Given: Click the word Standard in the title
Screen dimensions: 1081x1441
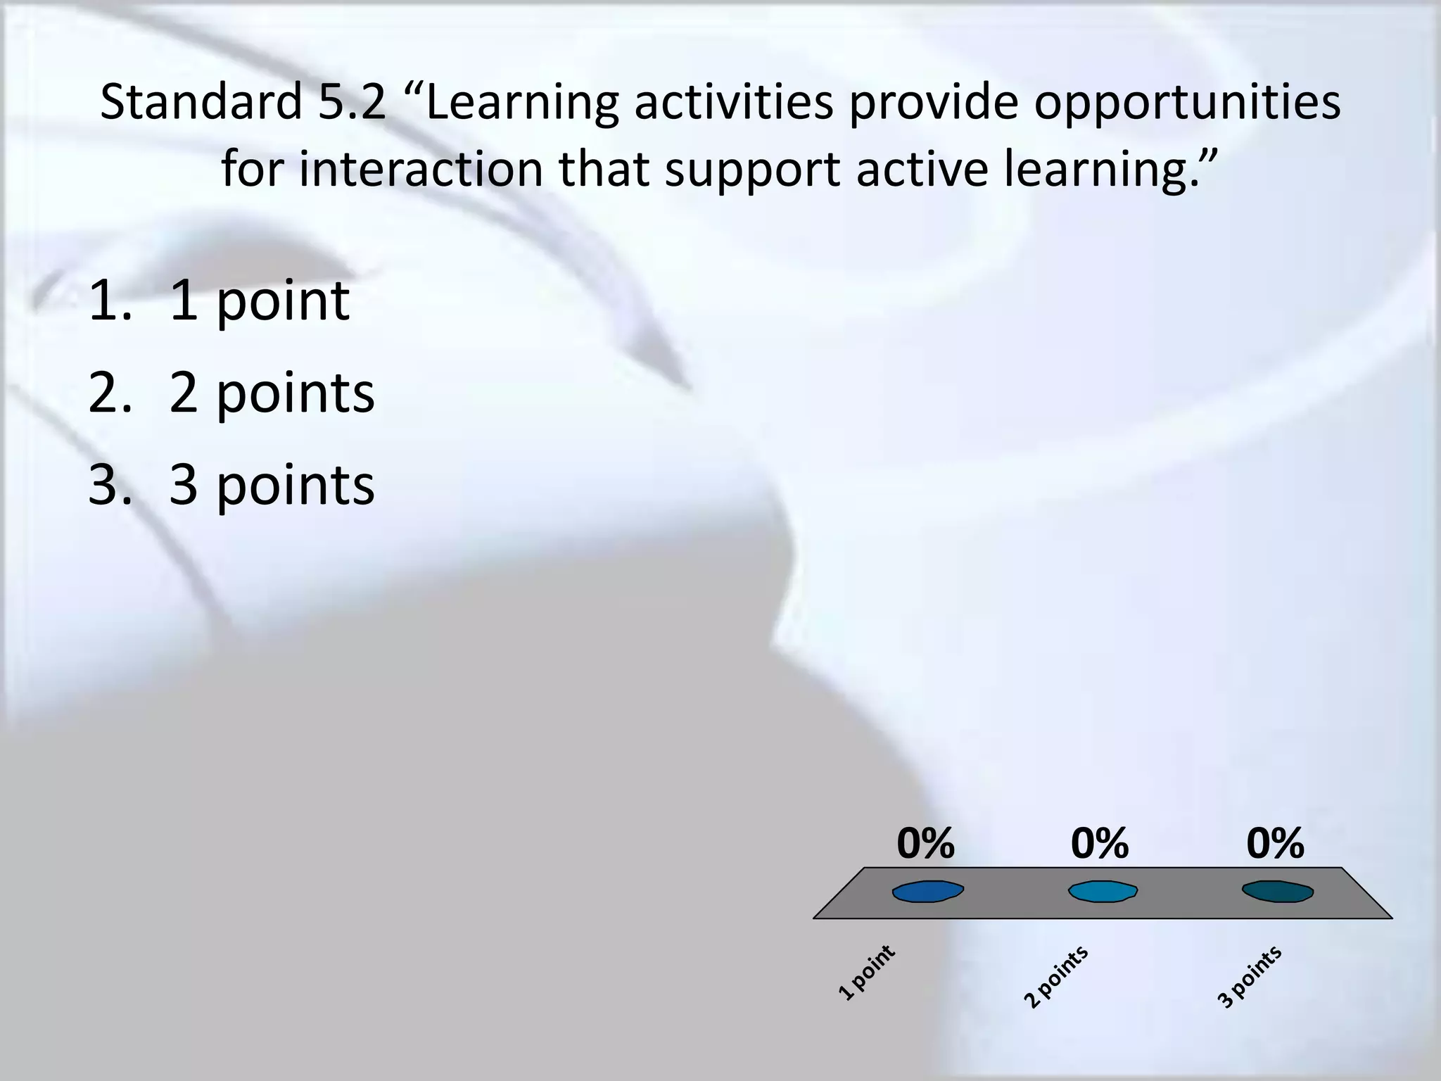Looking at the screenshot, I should pos(201,103).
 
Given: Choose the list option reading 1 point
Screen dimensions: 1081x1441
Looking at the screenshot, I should pos(259,301).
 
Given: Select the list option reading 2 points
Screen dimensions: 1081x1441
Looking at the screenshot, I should pos(272,393).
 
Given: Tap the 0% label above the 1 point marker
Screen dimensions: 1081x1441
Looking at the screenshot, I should pos(925,843).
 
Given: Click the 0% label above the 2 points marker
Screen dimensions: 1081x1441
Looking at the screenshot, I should pos(1100,843).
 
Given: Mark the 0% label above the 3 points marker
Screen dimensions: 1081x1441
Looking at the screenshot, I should pos(1275,843).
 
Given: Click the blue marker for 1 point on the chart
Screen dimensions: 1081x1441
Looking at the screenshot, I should pos(927,892).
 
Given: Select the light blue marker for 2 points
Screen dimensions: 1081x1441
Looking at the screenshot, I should pos(1103,892).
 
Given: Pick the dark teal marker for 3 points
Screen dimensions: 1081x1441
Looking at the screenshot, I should pos(1277,892).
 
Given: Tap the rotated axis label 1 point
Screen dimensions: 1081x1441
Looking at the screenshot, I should pos(867,973).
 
